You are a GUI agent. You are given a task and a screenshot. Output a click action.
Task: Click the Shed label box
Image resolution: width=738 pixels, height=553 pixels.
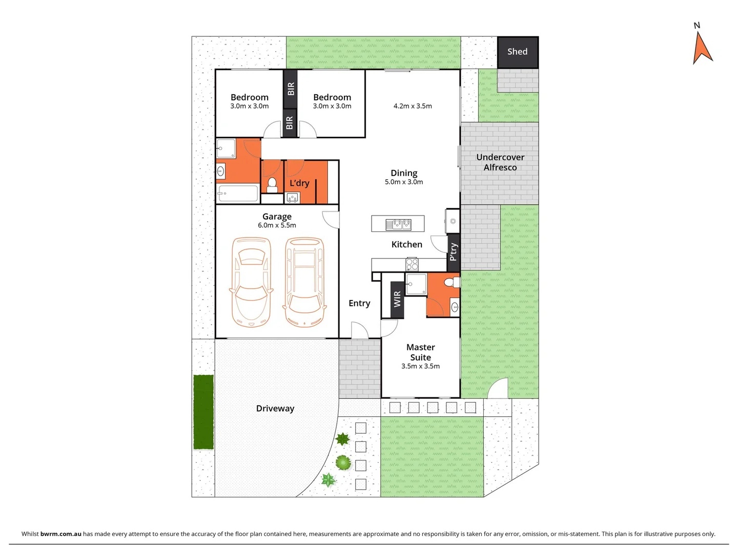pyautogui.click(x=518, y=52)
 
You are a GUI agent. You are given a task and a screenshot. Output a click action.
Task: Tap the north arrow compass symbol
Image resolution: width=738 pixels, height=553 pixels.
pyautogui.click(x=702, y=47)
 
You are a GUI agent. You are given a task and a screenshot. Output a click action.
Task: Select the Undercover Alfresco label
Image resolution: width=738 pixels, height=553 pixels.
pyautogui.click(x=500, y=162)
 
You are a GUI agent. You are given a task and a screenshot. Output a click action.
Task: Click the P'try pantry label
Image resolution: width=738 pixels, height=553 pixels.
pyautogui.click(x=453, y=252)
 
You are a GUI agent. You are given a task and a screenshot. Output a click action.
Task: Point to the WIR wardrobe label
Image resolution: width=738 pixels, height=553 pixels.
pyautogui.click(x=397, y=300)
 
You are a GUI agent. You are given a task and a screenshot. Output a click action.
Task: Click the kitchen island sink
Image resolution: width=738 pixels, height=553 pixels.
pyautogui.click(x=398, y=224)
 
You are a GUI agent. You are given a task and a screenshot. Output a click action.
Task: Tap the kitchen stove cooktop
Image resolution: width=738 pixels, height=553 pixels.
pyautogui.click(x=412, y=264)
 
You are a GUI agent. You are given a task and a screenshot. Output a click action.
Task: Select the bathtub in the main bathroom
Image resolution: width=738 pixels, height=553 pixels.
pyautogui.click(x=237, y=194)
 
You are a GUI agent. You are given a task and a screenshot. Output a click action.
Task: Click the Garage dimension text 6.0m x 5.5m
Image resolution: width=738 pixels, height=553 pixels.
pyautogui.click(x=277, y=225)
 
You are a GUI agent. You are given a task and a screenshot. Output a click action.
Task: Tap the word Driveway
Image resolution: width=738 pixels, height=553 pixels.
pyautogui.click(x=275, y=409)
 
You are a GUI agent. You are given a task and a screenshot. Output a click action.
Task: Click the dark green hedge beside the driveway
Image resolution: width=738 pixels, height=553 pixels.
pyautogui.click(x=203, y=412)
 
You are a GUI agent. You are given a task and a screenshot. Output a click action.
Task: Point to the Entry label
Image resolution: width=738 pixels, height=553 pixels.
pyautogui.click(x=359, y=303)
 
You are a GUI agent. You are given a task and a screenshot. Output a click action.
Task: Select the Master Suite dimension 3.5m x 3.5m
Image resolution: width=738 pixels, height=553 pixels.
pyautogui.click(x=420, y=366)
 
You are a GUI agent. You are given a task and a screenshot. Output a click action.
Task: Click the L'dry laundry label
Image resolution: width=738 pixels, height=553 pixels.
pyautogui.click(x=299, y=183)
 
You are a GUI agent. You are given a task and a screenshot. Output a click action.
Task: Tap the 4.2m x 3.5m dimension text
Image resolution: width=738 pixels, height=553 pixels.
pyautogui.click(x=413, y=106)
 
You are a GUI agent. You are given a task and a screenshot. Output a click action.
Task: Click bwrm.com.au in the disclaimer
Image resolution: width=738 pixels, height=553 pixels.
pyautogui.click(x=60, y=534)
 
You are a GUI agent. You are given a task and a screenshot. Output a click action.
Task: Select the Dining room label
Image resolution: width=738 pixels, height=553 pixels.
pyautogui.click(x=404, y=173)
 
